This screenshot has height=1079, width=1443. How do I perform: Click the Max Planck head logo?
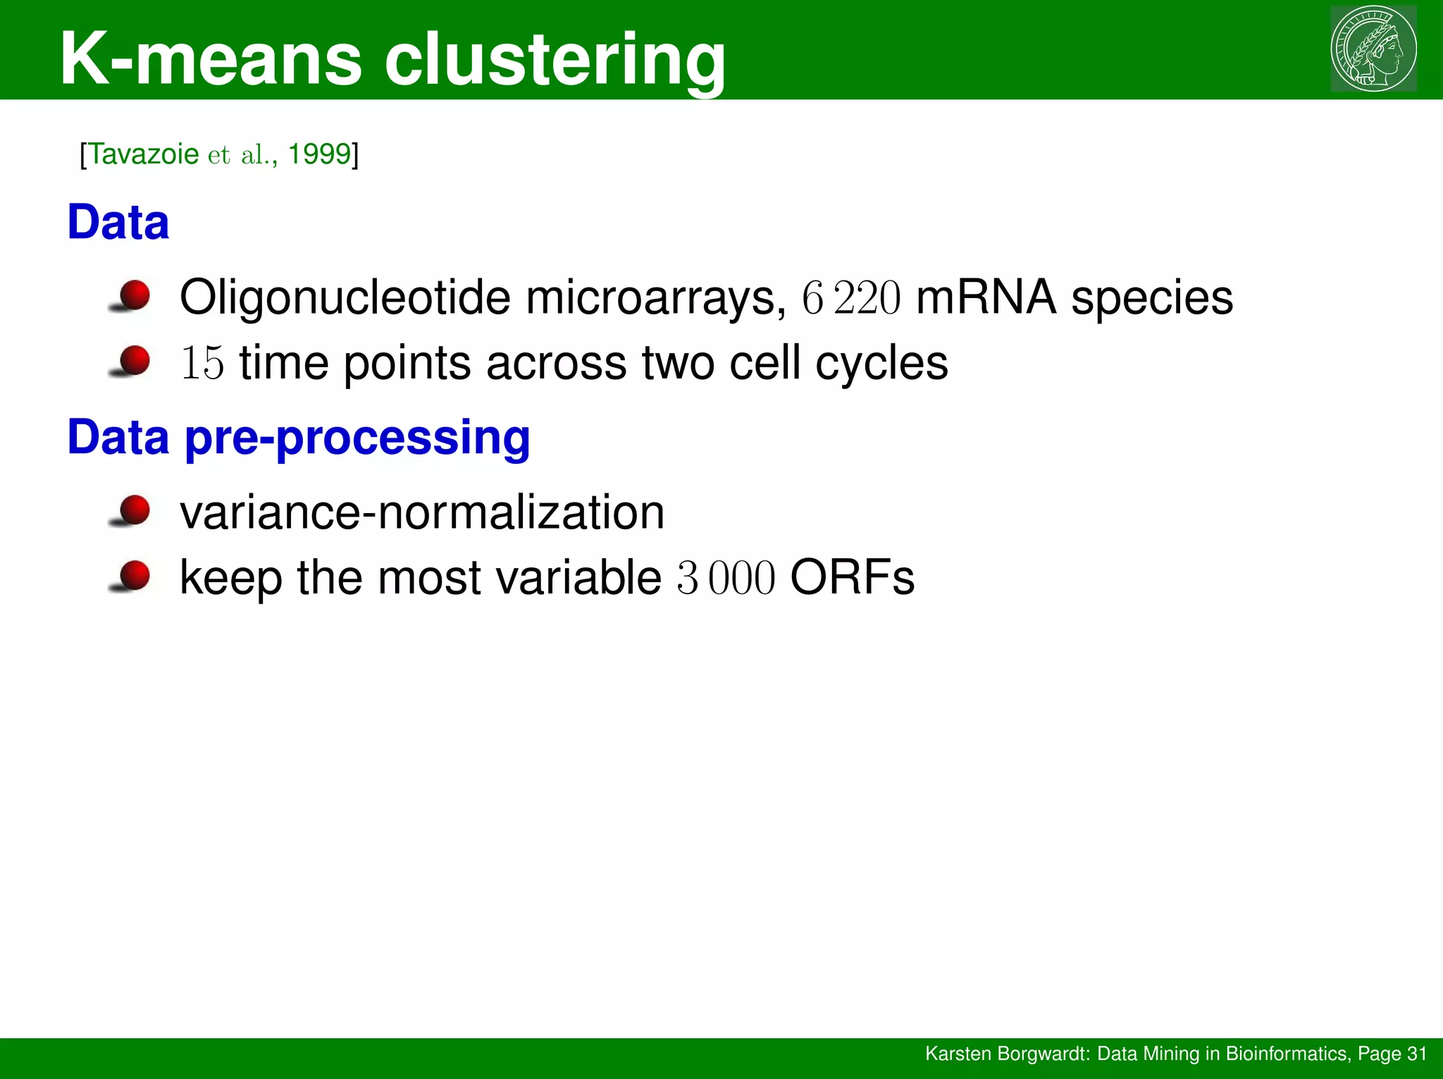click(1373, 48)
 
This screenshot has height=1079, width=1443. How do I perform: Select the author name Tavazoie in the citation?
click(144, 154)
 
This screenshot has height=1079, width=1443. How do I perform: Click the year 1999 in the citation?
click(319, 154)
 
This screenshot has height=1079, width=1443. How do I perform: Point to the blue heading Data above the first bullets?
click(118, 222)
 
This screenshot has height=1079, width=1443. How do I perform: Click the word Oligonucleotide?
click(345, 297)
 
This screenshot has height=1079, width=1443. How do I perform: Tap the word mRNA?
click(986, 297)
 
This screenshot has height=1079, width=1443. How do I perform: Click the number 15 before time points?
click(202, 364)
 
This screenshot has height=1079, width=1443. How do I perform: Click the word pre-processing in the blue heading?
click(357, 438)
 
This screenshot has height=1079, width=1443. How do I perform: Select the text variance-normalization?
click(422, 512)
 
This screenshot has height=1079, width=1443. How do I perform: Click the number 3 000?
click(726, 579)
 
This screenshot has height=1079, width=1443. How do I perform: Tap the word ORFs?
click(852, 578)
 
